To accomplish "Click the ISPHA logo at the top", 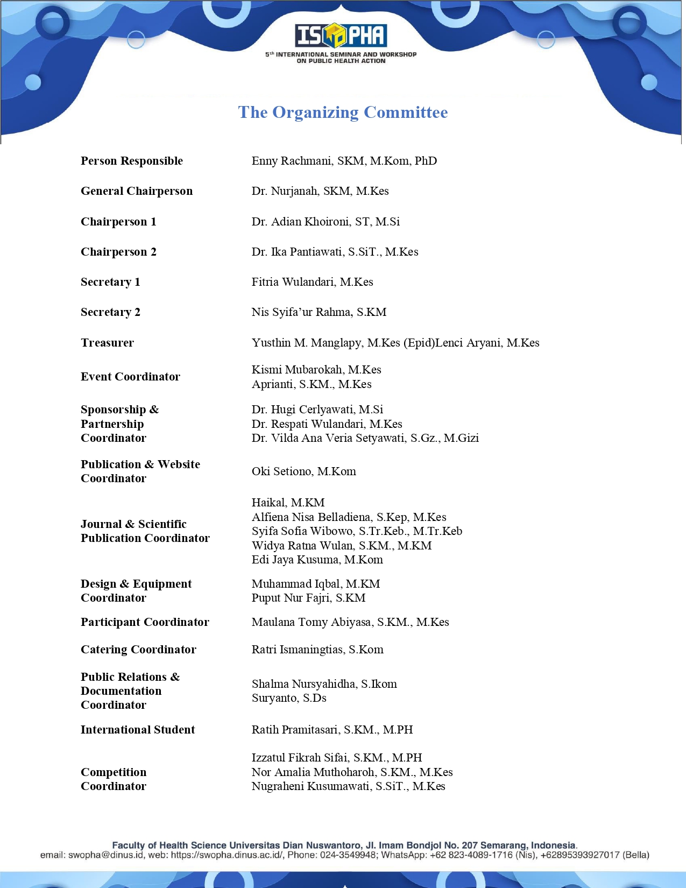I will pyautogui.click(x=341, y=36).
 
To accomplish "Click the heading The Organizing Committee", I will pyautogui.click(x=343, y=112).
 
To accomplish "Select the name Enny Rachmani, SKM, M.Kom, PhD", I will pyautogui.click(x=344, y=161).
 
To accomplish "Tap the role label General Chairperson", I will pyautogui.click(x=137, y=191).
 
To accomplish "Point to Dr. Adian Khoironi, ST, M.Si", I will pyautogui.click(x=326, y=222).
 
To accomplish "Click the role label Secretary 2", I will pyautogui.click(x=110, y=312).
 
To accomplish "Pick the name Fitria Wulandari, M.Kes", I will pyautogui.click(x=312, y=282).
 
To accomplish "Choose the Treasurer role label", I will pyautogui.click(x=107, y=343).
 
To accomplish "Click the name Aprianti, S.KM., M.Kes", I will pyautogui.click(x=312, y=384).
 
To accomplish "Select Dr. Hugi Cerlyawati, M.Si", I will pyautogui.click(x=317, y=410).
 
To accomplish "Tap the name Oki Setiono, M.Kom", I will pyautogui.click(x=303, y=471).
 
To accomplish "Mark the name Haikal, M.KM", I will pyautogui.click(x=288, y=503).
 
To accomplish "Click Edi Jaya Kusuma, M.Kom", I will pyautogui.click(x=317, y=560).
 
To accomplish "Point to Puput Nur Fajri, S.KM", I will pyautogui.click(x=308, y=598).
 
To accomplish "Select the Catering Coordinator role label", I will pyautogui.click(x=138, y=650).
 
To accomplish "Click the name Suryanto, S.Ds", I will pyautogui.click(x=289, y=698).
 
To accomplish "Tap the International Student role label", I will pyautogui.click(x=138, y=730).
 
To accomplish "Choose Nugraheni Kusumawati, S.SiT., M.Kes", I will pyautogui.click(x=348, y=786).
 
